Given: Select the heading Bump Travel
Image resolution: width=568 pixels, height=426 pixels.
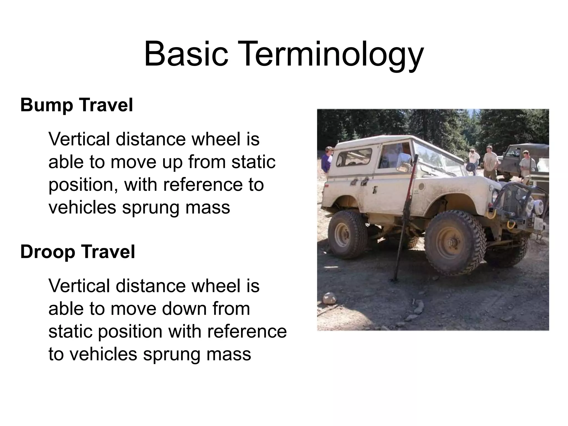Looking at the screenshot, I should tap(77, 105).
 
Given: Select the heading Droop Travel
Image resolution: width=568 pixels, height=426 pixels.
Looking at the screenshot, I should tap(77, 252).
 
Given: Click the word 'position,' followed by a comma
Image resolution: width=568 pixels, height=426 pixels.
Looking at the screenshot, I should tap(83, 185).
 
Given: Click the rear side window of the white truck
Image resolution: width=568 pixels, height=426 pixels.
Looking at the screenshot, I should tap(354, 157).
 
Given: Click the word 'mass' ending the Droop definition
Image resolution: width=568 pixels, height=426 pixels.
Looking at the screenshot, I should tap(229, 354).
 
